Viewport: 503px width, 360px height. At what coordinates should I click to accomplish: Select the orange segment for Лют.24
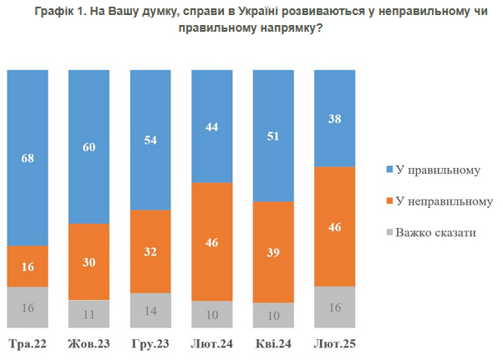tap(211, 242)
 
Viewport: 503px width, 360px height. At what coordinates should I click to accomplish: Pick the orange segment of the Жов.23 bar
tap(89, 261)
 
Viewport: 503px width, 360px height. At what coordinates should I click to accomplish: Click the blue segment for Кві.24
tap(272, 136)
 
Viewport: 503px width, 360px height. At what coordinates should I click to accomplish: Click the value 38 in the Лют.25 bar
tap(333, 119)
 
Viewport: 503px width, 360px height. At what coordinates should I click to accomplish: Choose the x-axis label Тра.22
tap(28, 342)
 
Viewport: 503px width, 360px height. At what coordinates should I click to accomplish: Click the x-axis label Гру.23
tap(150, 342)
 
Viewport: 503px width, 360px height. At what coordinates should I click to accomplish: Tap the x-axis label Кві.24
tap(272, 342)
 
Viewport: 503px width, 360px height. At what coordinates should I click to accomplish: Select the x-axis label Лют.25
tap(333, 342)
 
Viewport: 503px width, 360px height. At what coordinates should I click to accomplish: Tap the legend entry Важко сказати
tap(438, 232)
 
